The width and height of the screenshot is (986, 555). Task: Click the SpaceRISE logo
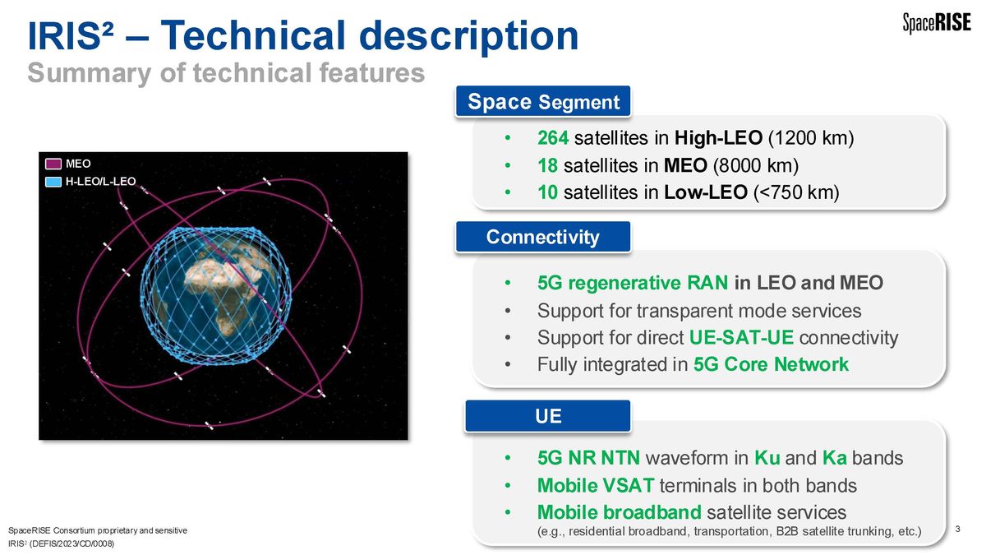click(936, 22)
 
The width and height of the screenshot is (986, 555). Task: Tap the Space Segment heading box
click(543, 102)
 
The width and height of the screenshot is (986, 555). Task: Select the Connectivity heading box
click(543, 237)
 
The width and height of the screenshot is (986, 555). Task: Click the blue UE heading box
click(548, 416)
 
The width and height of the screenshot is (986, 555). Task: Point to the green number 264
click(553, 138)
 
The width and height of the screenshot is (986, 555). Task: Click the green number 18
click(547, 165)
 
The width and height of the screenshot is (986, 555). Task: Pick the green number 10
click(547, 192)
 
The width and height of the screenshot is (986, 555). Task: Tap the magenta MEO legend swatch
click(53, 164)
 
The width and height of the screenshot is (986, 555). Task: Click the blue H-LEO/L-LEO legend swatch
click(53, 182)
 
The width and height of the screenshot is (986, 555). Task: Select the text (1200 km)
click(811, 138)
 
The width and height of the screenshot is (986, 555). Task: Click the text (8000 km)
click(756, 166)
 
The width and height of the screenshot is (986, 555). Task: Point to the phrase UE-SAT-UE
click(741, 338)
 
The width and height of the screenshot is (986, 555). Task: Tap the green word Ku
click(767, 458)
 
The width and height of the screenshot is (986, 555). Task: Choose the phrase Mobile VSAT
click(596, 486)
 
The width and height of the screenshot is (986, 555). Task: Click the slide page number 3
click(958, 529)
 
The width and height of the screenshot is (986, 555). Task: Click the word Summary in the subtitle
click(90, 73)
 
